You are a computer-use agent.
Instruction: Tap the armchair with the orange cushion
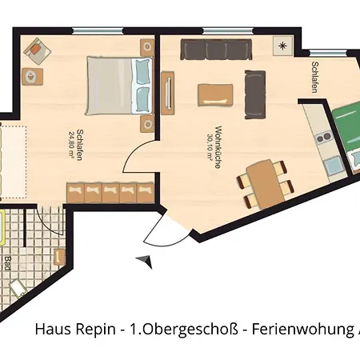click(36, 51)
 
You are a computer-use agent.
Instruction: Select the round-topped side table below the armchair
click(30, 77)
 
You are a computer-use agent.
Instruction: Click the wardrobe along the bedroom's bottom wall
click(110, 192)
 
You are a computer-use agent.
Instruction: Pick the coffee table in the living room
click(218, 94)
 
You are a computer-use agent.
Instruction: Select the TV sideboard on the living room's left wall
click(167, 94)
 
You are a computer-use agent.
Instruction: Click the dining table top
click(262, 181)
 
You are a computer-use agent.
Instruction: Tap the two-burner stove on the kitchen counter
click(325, 138)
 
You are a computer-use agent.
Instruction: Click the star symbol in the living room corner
click(281, 45)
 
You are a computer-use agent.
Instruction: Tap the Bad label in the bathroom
click(7, 262)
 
